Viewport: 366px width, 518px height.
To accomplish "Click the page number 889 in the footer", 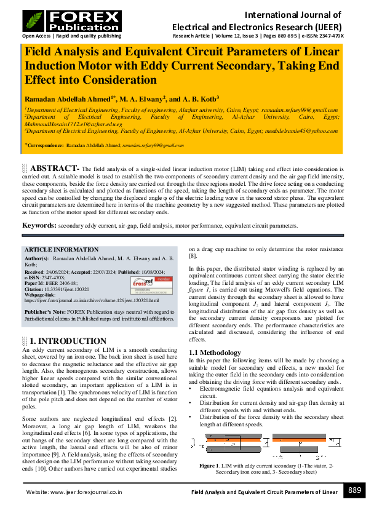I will tap(354, 490).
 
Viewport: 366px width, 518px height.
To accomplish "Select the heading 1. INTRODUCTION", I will tap(68, 341).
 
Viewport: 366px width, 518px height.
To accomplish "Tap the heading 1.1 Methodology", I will tap(215, 353).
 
